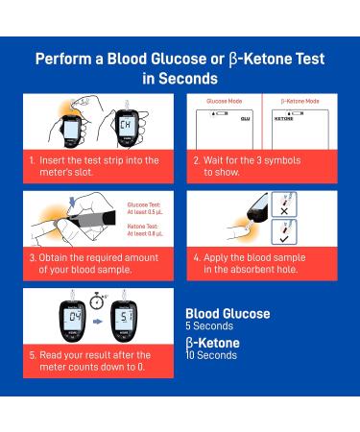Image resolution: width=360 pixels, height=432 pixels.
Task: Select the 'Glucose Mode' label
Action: tap(224, 100)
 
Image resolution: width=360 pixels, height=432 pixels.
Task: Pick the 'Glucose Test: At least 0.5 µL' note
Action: tap(146, 208)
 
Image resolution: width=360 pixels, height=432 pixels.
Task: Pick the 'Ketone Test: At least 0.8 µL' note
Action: tap(146, 230)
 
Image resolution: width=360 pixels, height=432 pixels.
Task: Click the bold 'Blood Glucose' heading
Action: tap(227, 313)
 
